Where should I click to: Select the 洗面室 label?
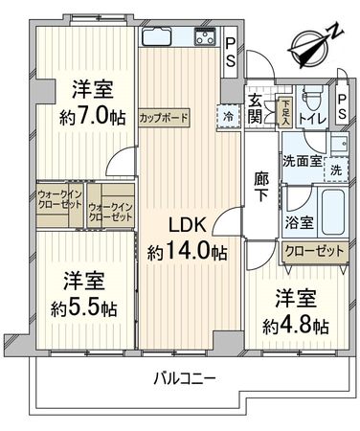click(x=300, y=163)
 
